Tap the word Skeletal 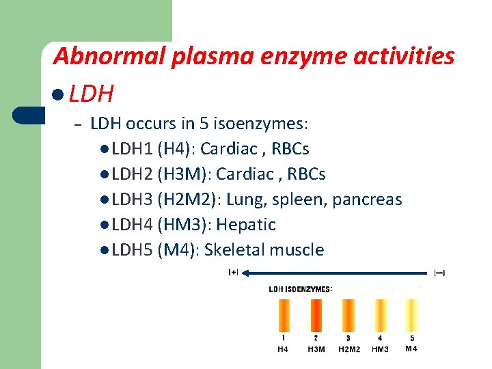(234, 249)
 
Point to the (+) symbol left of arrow (233, 273)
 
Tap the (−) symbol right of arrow (439, 273)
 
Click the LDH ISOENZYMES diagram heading (301, 289)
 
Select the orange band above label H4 (284, 315)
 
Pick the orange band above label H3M (316, 315)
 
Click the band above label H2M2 (348, 315)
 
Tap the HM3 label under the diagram (380, 349)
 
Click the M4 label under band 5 (411, 348)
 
